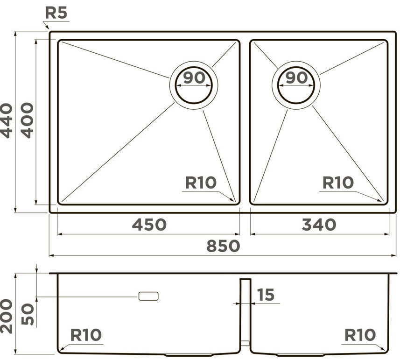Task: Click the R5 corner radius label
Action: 56,13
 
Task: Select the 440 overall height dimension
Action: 6,120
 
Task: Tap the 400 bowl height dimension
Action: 27,120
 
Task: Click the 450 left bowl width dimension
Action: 149,225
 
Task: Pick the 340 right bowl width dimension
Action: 319,225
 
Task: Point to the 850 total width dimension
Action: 223,246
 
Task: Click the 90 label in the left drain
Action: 194,78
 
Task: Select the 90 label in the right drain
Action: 296,78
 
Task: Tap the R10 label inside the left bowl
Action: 201,183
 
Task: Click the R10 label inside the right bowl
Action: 338,183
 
